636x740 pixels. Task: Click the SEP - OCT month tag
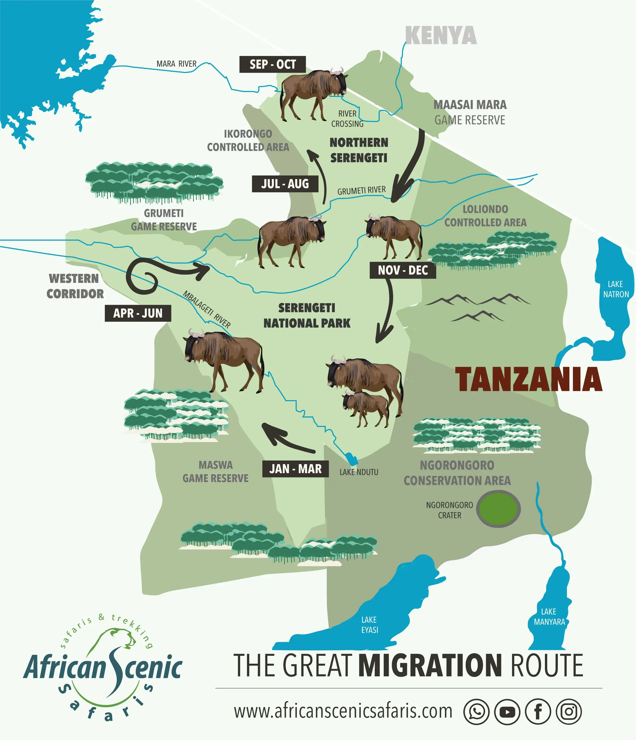click(272, 64)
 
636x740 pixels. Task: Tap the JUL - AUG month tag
click(285, 184)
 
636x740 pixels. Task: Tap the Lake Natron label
click(616, 289)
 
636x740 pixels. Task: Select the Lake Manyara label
click(549, 617)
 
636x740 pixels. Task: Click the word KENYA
click(441, 36)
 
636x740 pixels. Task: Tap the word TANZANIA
click(528, 379)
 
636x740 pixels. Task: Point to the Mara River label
click(176, 64)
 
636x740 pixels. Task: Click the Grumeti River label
click(362, 190)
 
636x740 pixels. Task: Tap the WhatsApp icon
click(476, 712)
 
